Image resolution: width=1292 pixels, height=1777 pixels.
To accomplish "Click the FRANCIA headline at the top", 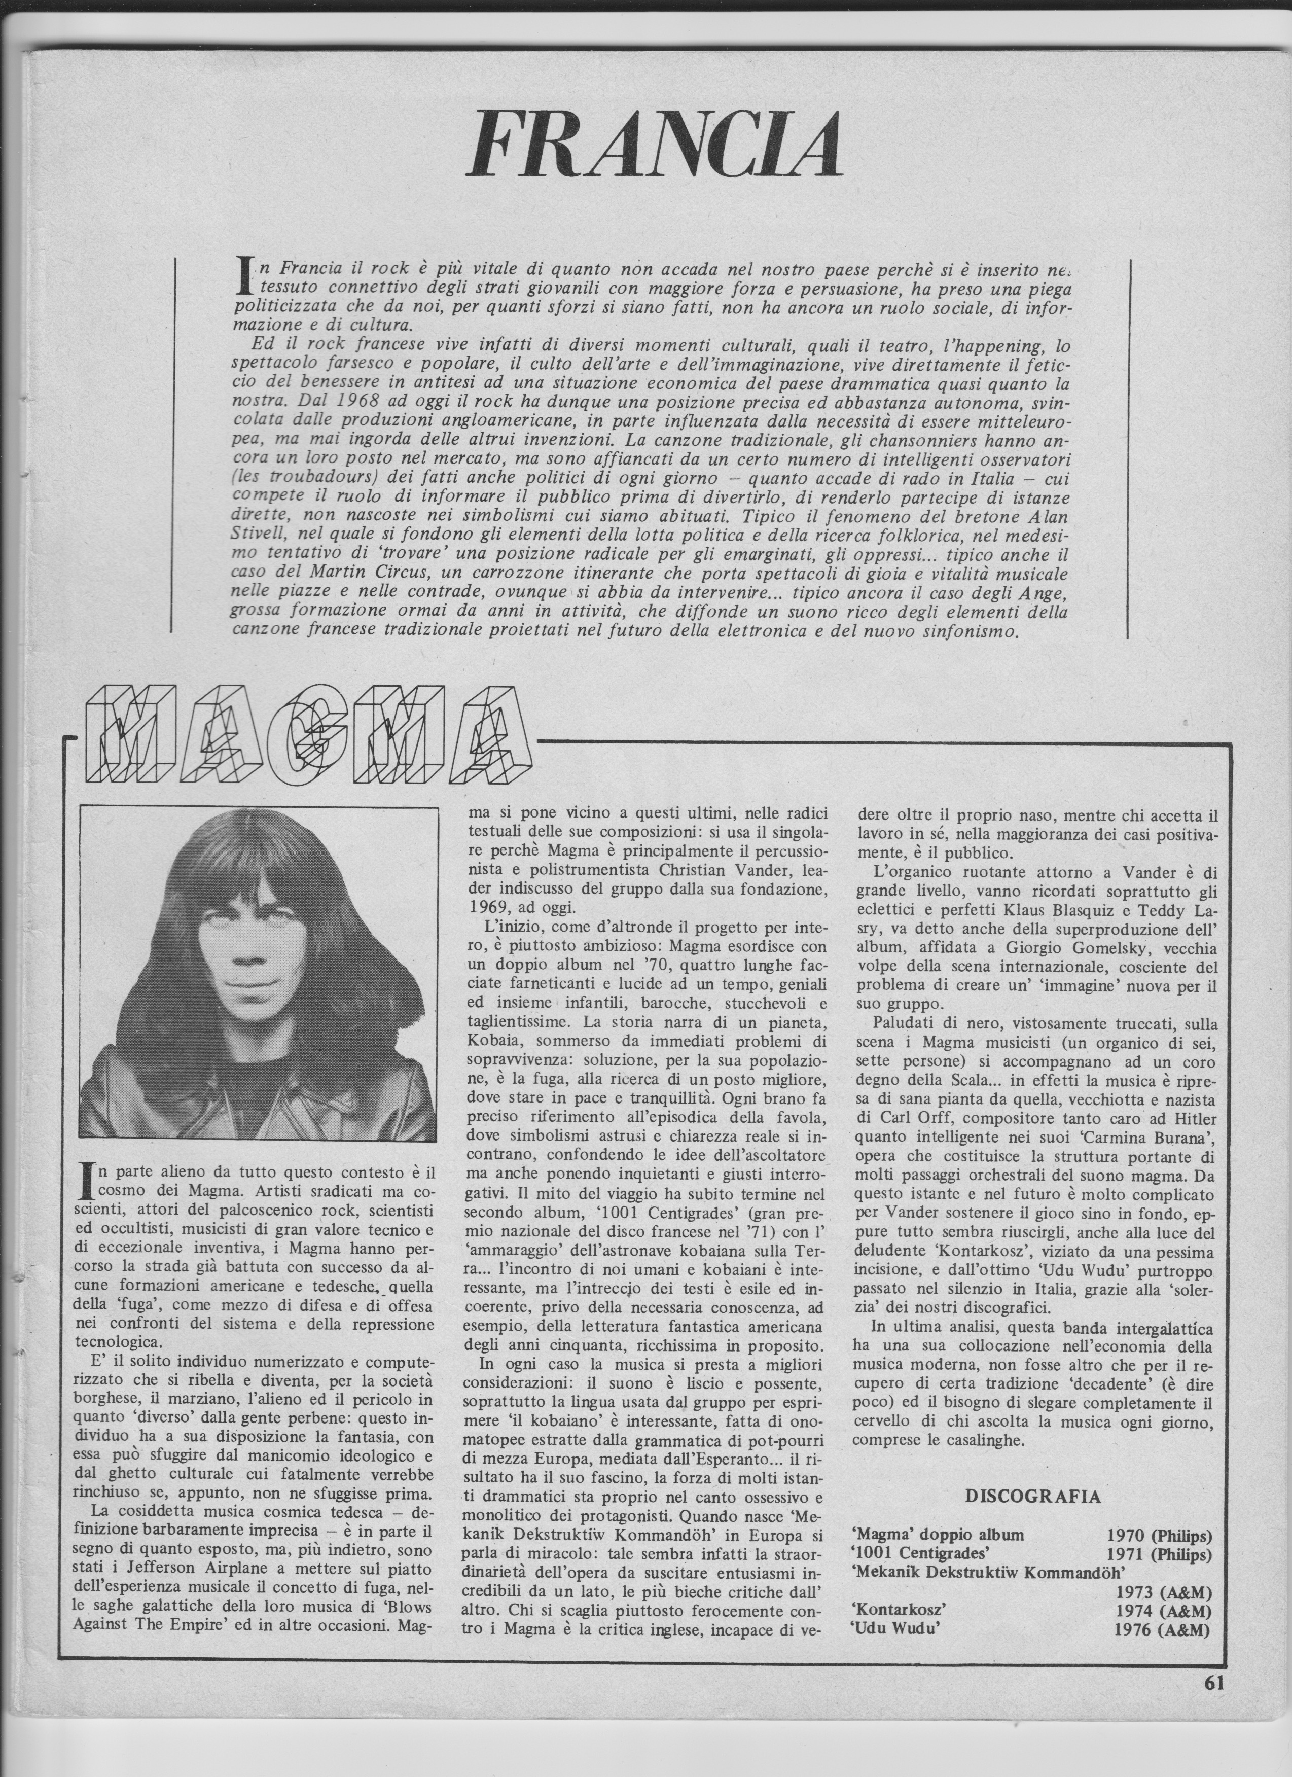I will pos(654,145).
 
